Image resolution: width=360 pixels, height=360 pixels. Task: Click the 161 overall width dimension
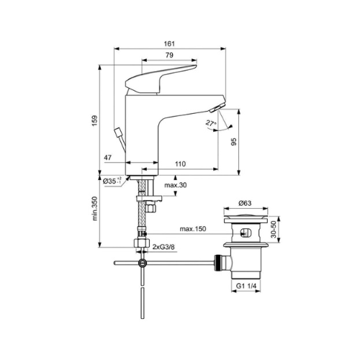(x=169, y=44)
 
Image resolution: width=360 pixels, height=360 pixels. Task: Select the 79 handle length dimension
(x=169, y=55)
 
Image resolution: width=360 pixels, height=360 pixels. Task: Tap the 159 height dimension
(x=95, y=121)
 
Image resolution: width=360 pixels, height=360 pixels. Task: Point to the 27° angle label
(x=211, y=123)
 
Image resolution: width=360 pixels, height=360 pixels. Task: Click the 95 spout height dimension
(x=233, y=142)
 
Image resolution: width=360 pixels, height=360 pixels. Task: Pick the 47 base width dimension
(x=108, y=158)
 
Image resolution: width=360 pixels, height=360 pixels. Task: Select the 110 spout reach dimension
(x=180, y=164)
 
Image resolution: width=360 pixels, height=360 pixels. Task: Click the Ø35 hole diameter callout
(x=112, y=181)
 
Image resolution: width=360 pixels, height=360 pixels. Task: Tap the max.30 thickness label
(x=176, y=185)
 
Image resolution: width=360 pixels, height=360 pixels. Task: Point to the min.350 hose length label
(x=95, y=209)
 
